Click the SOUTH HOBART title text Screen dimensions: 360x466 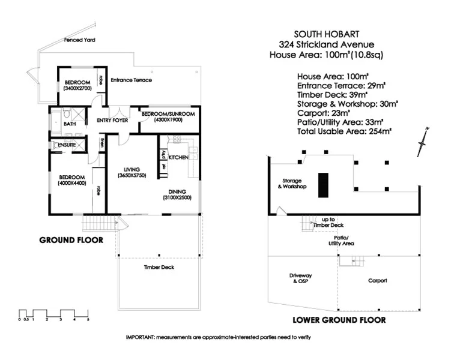(326, 34)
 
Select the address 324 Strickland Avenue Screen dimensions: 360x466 (326, 44)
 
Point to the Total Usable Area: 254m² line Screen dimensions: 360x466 (344, 130)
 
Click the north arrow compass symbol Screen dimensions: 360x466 (423, 142)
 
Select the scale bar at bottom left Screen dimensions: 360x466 (53, 314)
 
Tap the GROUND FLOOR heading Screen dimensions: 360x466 (71, 240)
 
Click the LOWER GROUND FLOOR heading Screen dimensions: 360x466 (338, 320)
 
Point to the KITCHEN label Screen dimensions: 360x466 (178, 157)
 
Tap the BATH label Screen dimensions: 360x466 (70, 125)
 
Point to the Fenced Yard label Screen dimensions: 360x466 (80, 41)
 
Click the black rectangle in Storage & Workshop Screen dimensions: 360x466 (322, 185)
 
